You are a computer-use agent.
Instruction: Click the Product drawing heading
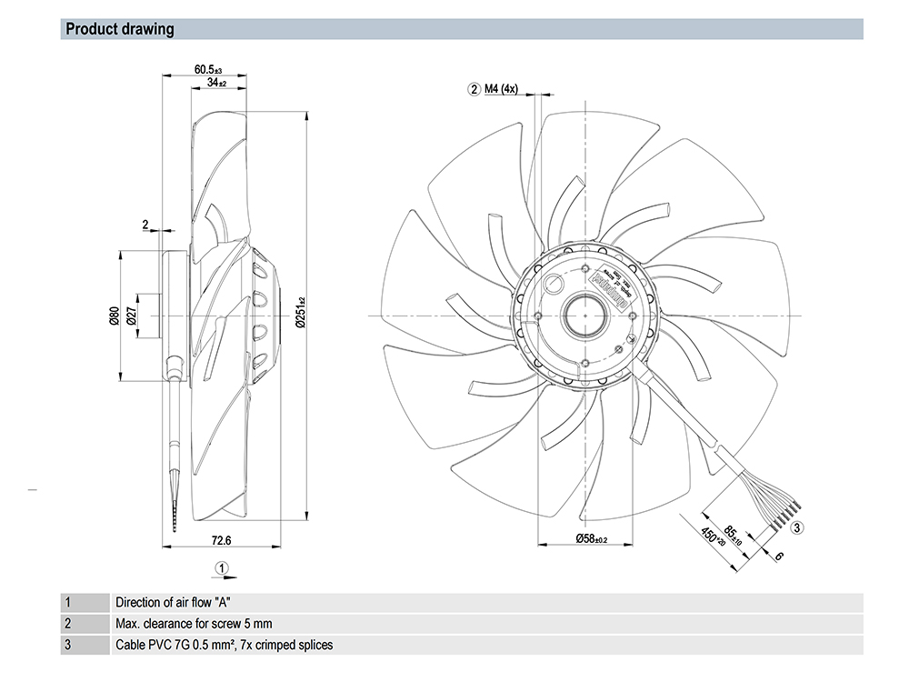(120, 29)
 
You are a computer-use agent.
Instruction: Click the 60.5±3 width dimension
(208, 69)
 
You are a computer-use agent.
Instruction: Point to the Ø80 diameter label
(114, 316)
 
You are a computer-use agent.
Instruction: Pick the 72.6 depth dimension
(222, 540)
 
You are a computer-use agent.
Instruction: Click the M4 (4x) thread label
(500, 89)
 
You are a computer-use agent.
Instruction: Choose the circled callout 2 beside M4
(474, 89)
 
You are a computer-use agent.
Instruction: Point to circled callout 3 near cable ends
(796, 527)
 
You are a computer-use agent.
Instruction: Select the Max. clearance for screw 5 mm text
(194, 624)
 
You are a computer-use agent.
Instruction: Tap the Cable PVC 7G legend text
(224, 646)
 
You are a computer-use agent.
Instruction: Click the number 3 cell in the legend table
(67, 646)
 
